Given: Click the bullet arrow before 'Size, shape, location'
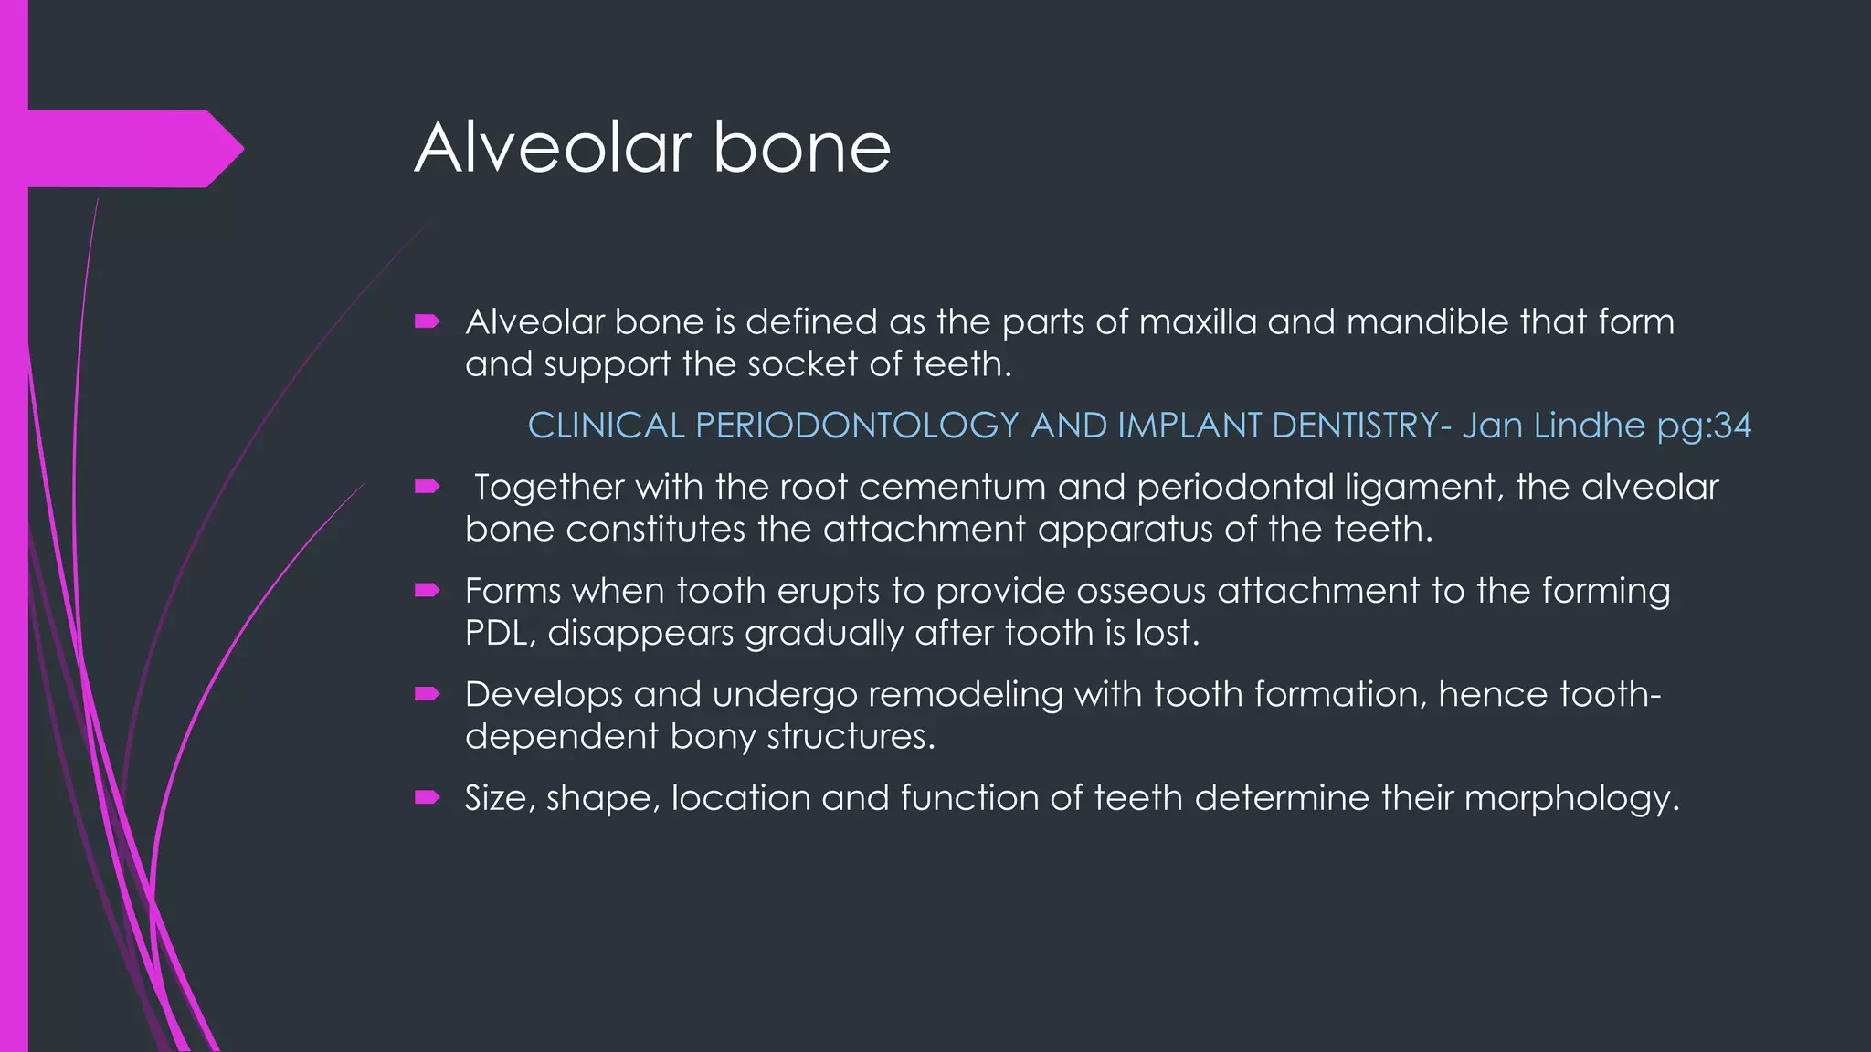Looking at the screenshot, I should tap(428, 797).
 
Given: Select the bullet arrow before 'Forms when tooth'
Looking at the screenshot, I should tap(428, 590).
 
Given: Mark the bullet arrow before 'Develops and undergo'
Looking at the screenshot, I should tap(428, 694).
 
